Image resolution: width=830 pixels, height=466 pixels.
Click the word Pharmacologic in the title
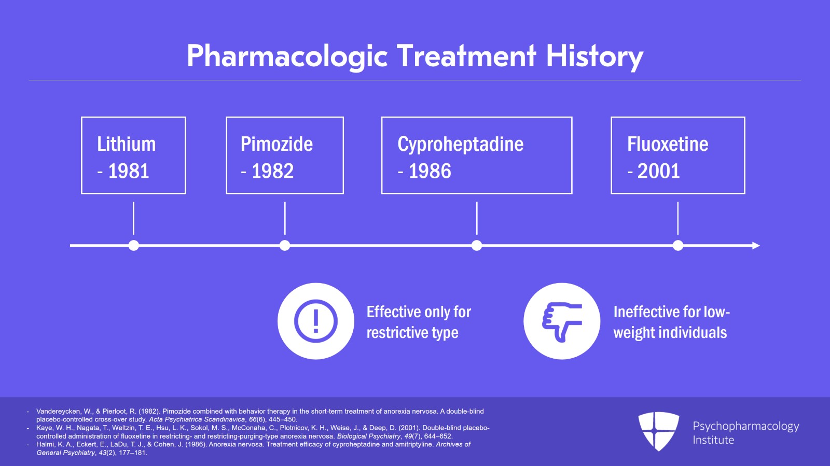287,56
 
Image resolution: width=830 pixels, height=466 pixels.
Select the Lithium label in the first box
126,144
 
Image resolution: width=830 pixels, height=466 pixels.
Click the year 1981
128,171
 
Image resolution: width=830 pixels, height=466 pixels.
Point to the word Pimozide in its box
276,144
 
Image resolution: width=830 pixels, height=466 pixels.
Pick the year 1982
272,171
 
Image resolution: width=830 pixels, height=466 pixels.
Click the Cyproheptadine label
460,144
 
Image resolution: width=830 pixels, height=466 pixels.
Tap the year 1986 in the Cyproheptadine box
430,171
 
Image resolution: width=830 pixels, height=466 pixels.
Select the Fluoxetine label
667,144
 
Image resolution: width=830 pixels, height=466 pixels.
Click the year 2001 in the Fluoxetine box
658,171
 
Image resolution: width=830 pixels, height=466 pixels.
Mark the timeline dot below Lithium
134,245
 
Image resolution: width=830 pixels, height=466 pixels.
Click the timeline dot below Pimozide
285,245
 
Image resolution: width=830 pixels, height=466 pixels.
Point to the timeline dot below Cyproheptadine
477,245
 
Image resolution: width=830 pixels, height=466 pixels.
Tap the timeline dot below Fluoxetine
678,245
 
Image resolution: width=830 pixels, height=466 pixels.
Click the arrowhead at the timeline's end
756,245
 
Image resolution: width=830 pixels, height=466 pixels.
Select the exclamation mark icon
315,321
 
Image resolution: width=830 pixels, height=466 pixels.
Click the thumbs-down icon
562,321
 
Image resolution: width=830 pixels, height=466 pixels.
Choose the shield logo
658,431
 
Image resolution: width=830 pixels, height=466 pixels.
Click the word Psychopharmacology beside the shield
745,426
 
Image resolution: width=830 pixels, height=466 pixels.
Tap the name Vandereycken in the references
58,411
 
